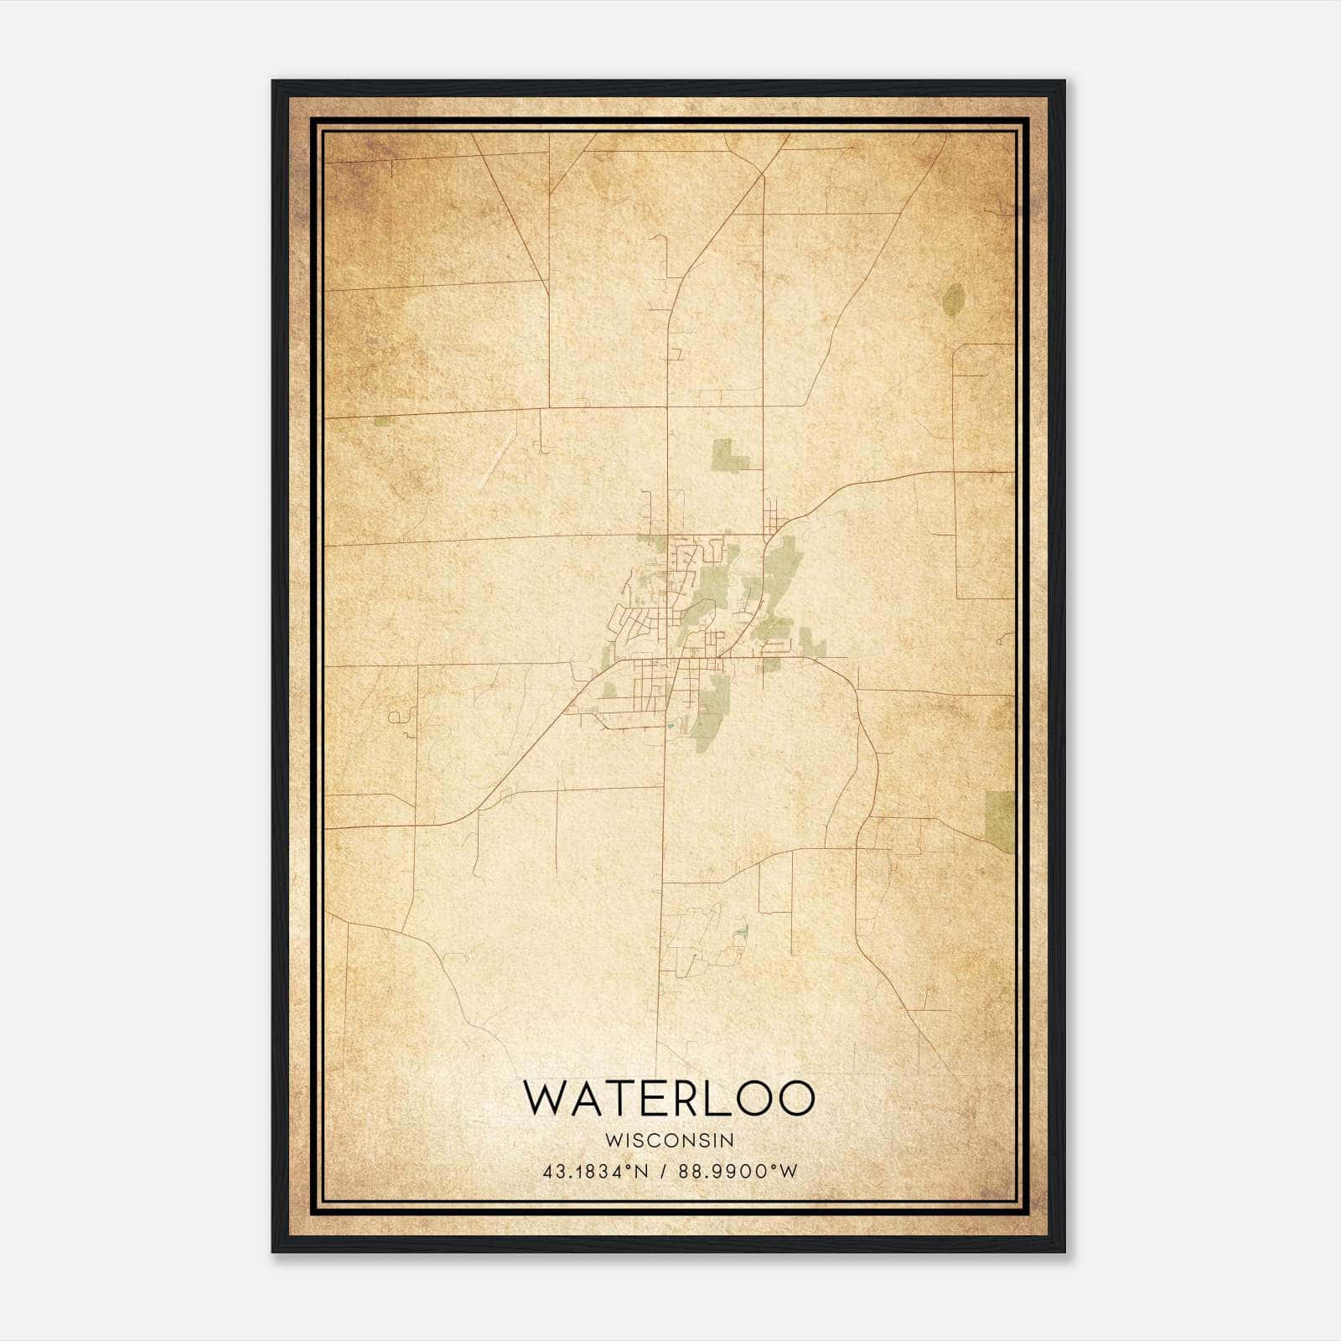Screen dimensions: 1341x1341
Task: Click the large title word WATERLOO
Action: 669,1098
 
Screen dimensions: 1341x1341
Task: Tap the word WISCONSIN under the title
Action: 669,1141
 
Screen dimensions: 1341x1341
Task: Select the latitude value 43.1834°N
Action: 596,1172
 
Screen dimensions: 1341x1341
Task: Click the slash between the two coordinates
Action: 665,1172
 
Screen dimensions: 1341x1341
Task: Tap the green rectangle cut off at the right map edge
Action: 1001,820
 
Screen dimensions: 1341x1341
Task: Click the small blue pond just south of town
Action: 670,724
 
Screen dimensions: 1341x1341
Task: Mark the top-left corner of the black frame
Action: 273,82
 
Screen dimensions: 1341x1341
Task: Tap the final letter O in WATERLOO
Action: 796,1098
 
